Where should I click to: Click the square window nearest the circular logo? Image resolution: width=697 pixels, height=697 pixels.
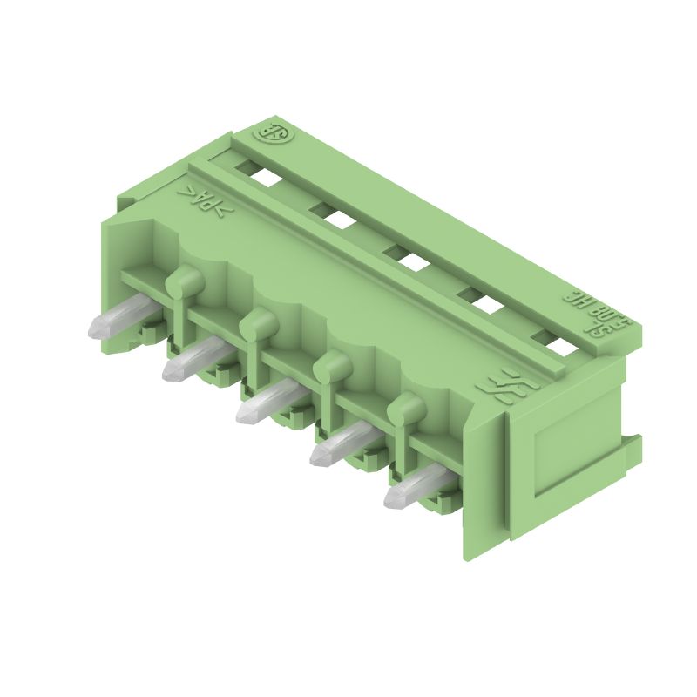pos(266,176)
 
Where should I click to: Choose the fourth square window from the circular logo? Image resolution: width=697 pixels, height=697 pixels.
pos(480,301)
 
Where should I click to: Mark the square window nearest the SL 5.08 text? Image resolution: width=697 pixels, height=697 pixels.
pos(552,343)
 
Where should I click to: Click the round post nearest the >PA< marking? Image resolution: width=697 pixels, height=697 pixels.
pos(184,281)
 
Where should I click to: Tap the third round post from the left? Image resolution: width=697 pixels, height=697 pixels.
pos(332,366)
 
